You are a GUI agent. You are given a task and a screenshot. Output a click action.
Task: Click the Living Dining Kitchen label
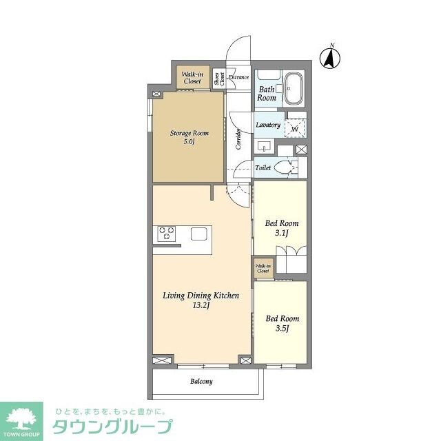point(201,300)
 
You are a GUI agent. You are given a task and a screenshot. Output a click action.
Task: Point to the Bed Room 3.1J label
point(282,228)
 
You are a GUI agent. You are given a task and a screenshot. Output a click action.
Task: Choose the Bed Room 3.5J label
point(283,323)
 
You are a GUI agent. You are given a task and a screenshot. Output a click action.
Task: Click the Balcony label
point(201,381)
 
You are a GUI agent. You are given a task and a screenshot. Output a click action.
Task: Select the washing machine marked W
point(295,127)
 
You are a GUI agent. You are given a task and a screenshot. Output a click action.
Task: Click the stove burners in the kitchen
point(167,234)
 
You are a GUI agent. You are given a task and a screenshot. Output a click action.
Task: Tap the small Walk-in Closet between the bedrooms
point(263,268)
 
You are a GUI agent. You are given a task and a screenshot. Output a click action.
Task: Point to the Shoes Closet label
point(218,79)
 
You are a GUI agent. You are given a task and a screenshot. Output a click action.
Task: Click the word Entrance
point(238,77)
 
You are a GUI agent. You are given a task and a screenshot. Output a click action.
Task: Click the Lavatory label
point(268,125)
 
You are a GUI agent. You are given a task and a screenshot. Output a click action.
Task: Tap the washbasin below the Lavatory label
point(265,147)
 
